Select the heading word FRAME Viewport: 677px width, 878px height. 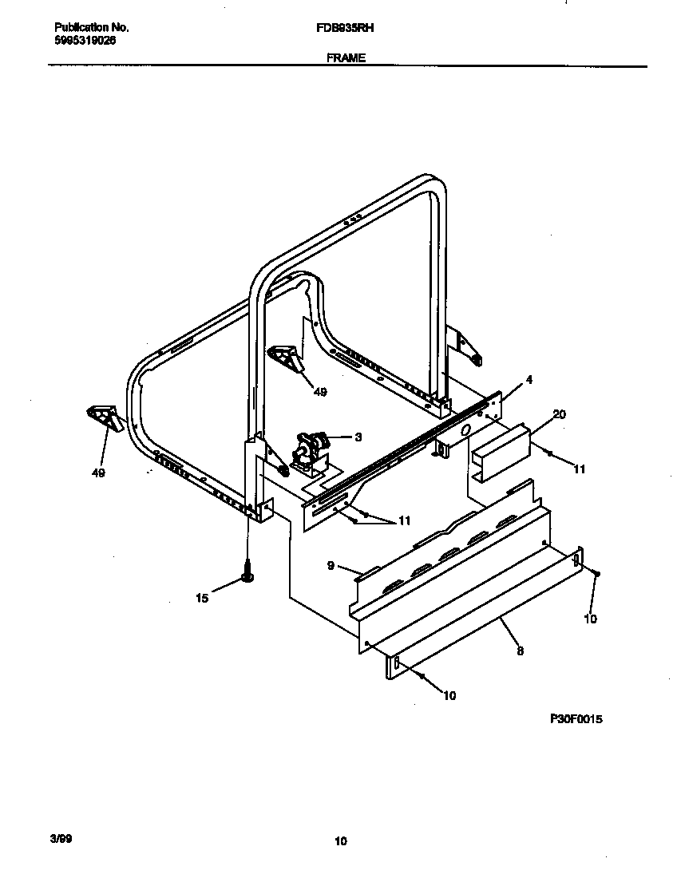point(346,58)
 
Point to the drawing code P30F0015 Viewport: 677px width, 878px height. point(576,719)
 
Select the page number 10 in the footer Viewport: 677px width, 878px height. point(341,840)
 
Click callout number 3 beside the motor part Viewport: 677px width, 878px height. point(358,437)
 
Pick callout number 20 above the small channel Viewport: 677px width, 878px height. point(559,413)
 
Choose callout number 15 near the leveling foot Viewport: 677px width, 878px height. point(203,598)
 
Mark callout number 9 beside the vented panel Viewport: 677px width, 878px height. point(330,566)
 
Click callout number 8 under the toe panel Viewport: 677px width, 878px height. point(520,651)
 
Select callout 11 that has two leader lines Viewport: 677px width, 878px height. point(404,520)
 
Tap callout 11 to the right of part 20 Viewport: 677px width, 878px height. point(579,469)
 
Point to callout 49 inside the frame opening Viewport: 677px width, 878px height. point(319,392)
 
